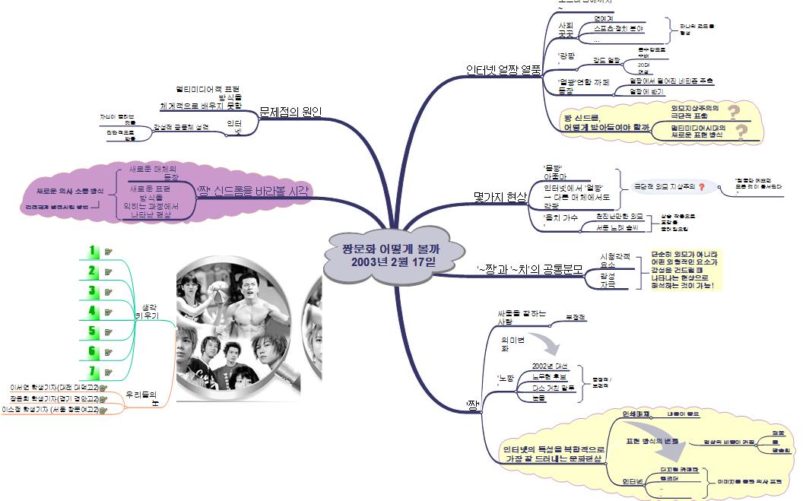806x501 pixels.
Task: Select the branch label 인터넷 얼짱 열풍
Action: [503, 70]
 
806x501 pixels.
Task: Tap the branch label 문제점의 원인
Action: [290, 112]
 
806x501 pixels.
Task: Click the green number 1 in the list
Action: [92, 250]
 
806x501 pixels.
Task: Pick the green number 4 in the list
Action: [92, 310]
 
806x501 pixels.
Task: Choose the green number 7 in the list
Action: [92, 370]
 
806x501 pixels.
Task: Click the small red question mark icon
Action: [701, 185]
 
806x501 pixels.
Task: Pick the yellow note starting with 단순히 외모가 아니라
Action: [684, 270]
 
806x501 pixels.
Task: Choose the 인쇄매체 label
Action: [636, 415]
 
